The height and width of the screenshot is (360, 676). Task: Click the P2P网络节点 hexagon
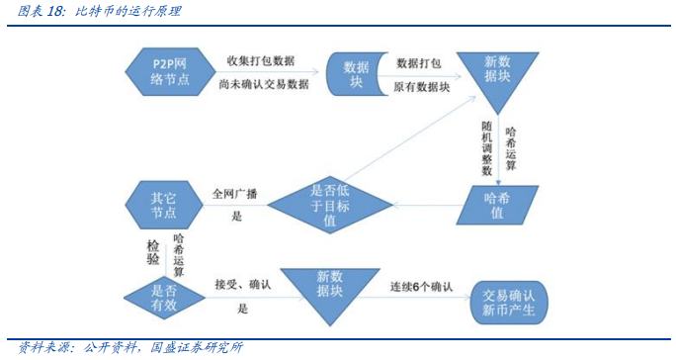[x=163, y=70]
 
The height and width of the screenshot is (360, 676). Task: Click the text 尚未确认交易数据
[x=263, y=86]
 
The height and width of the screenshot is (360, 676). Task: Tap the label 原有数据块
[x=423, y=87]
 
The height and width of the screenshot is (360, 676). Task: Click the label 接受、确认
[x=245, y=285]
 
